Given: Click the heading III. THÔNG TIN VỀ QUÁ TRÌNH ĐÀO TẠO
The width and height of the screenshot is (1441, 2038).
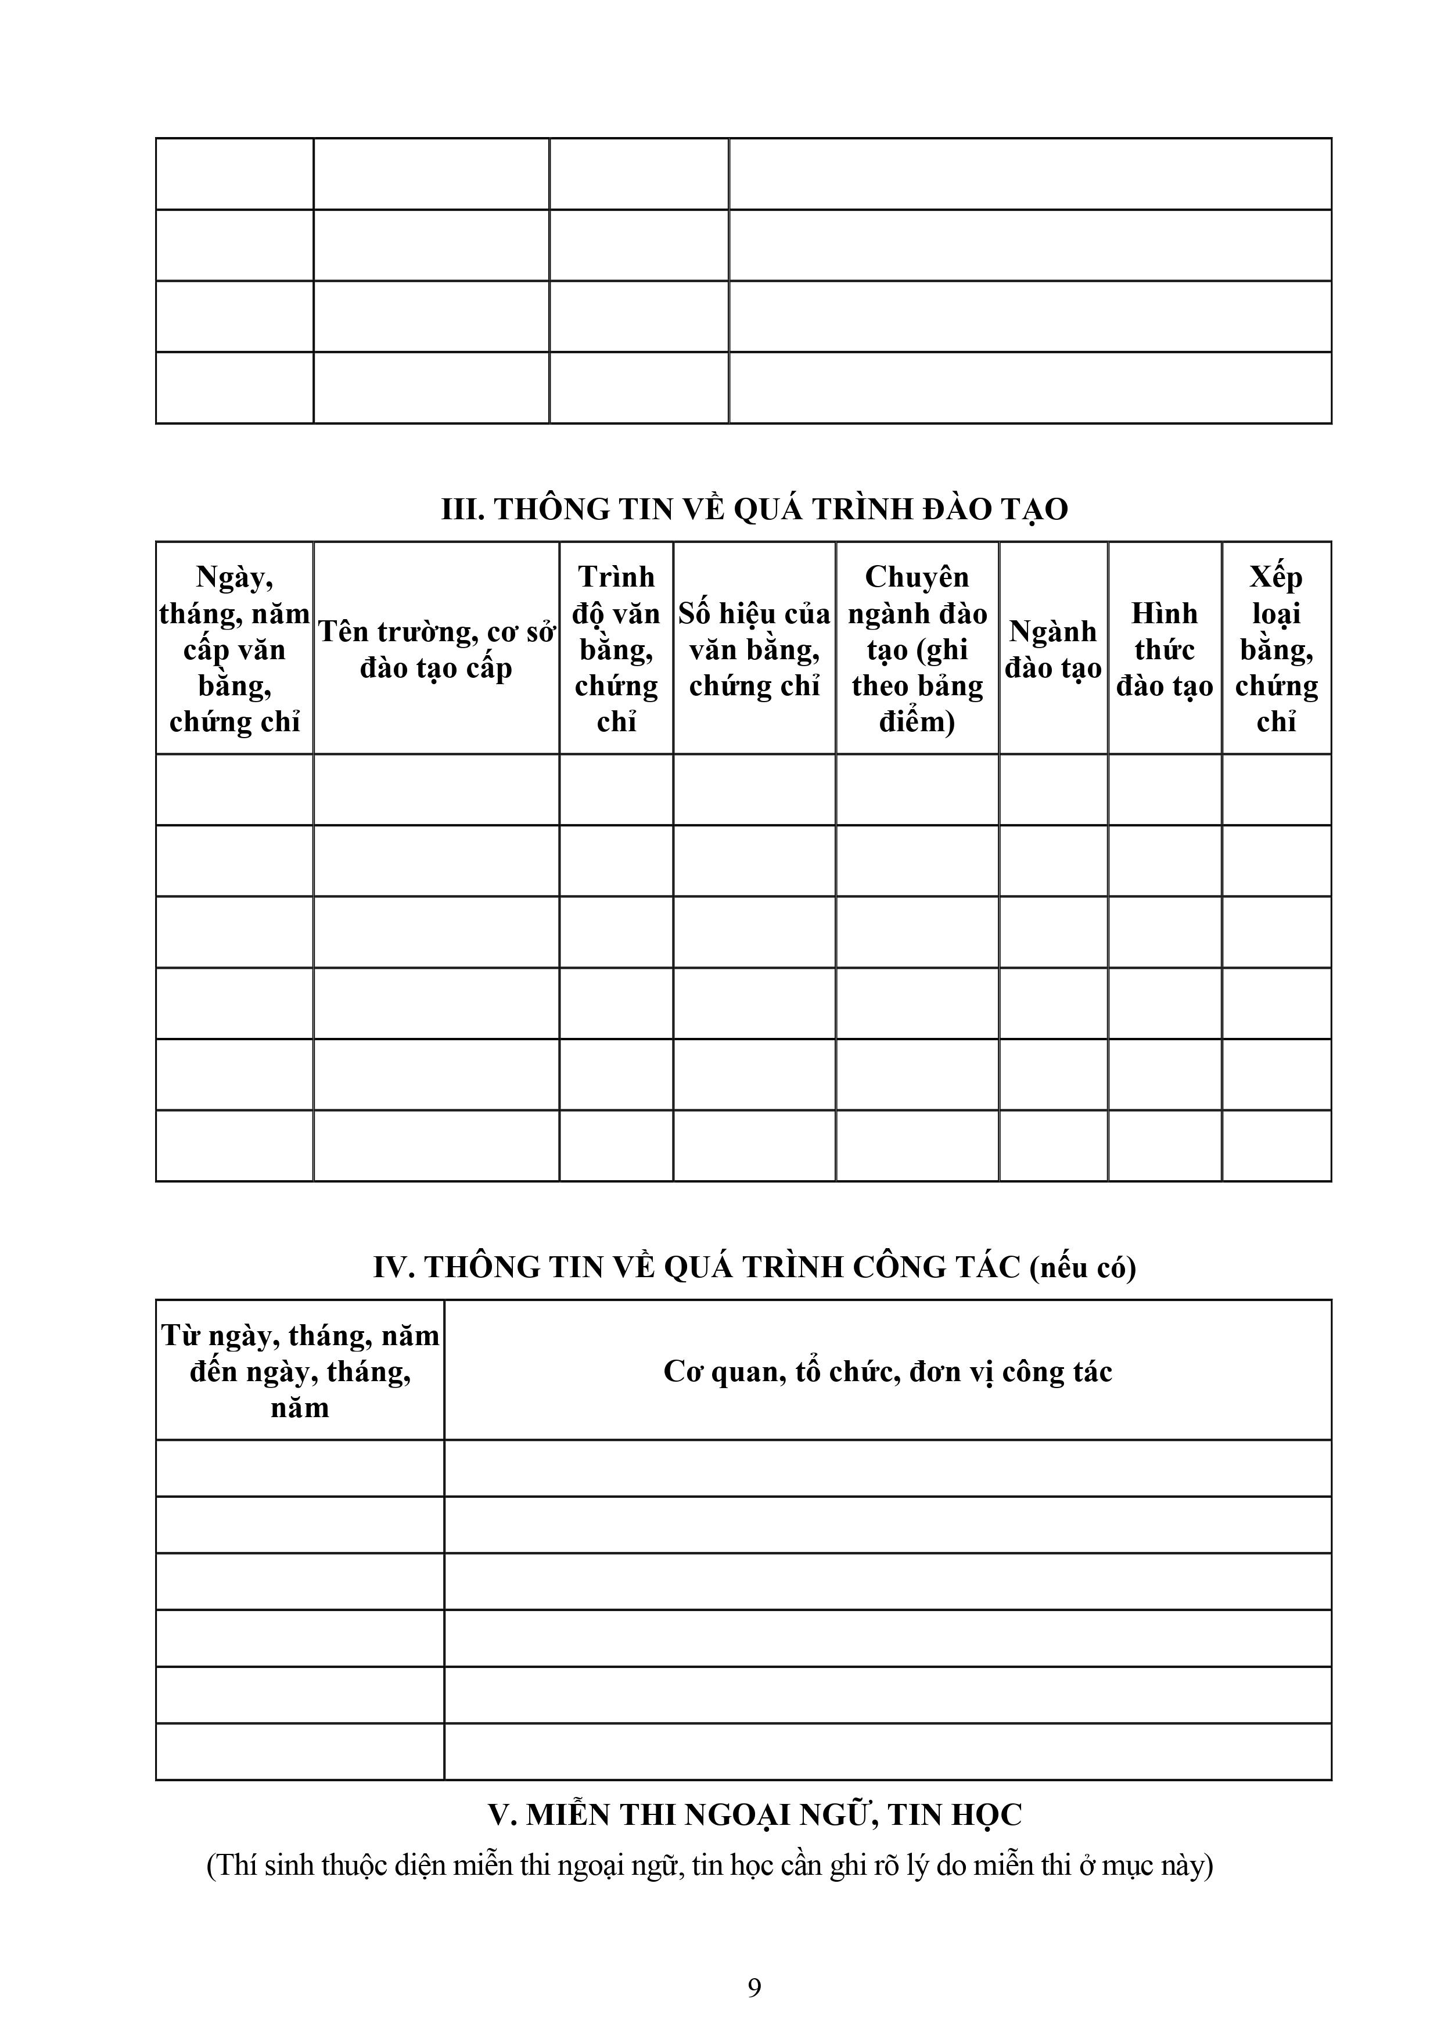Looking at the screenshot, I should click(754, 509).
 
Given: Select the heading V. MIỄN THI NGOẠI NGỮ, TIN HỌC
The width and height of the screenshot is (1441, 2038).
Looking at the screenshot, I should click(754, 1814).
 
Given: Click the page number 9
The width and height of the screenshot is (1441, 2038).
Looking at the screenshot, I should click(754, 1988).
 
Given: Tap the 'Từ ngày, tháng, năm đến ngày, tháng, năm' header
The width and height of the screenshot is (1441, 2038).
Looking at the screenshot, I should click(300, 1371).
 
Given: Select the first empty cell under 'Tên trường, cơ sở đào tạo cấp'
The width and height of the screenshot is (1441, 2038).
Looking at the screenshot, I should click(436, 790).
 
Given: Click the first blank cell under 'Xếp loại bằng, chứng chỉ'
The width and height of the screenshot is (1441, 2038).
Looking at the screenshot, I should click(1276, 790).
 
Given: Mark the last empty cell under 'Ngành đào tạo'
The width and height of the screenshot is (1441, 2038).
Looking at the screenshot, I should click(1053, 1145).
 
